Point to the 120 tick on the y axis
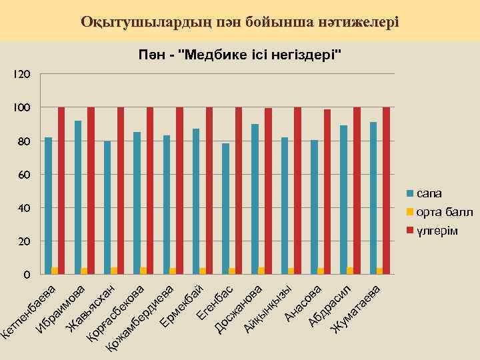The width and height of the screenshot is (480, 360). pos(22,74)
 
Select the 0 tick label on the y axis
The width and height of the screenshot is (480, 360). pos(26,274)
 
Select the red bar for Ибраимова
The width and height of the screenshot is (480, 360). pos(91,190)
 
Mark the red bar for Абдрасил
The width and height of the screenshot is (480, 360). pos(357,190)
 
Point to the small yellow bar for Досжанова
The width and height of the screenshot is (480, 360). pos(261,271)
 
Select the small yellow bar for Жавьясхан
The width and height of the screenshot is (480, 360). pos(114,271)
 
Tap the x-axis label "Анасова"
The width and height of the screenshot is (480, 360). pos(304,302)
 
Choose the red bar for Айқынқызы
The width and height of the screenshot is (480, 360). pos(297,190)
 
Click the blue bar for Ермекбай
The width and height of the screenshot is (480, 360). pos(195,201)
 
